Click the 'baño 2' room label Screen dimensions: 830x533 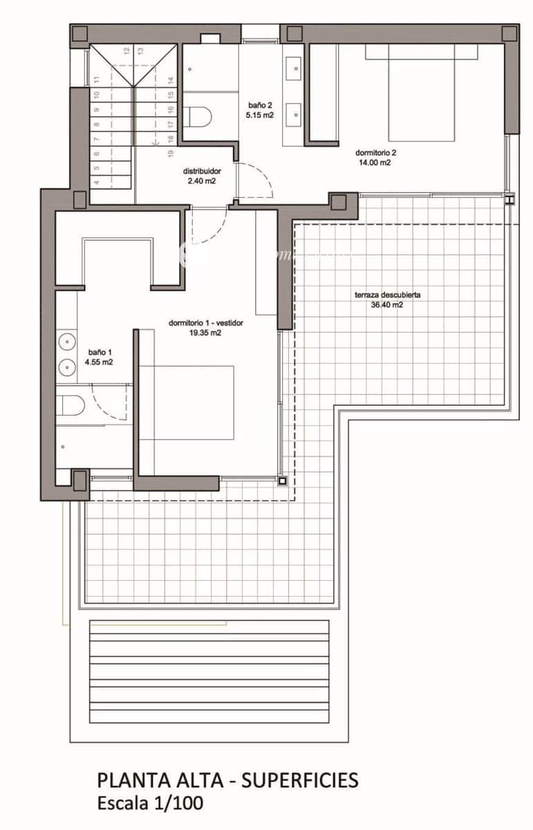click(261, 106)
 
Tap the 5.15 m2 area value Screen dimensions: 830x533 click(261, 116)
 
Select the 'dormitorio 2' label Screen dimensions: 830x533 click(376, 153)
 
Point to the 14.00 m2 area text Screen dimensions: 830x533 click(374, 163)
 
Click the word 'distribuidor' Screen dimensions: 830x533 click(202, 171)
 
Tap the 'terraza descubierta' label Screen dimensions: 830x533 click(387, 295)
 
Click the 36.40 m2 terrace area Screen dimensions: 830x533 click(388, 304)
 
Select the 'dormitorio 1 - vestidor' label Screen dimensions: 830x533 click(206, 322)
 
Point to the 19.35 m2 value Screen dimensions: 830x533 click(206, 333)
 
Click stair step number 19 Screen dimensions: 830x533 click(170, 153)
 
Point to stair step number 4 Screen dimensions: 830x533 click(97, 183)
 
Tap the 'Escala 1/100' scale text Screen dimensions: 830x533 click(151, 803)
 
